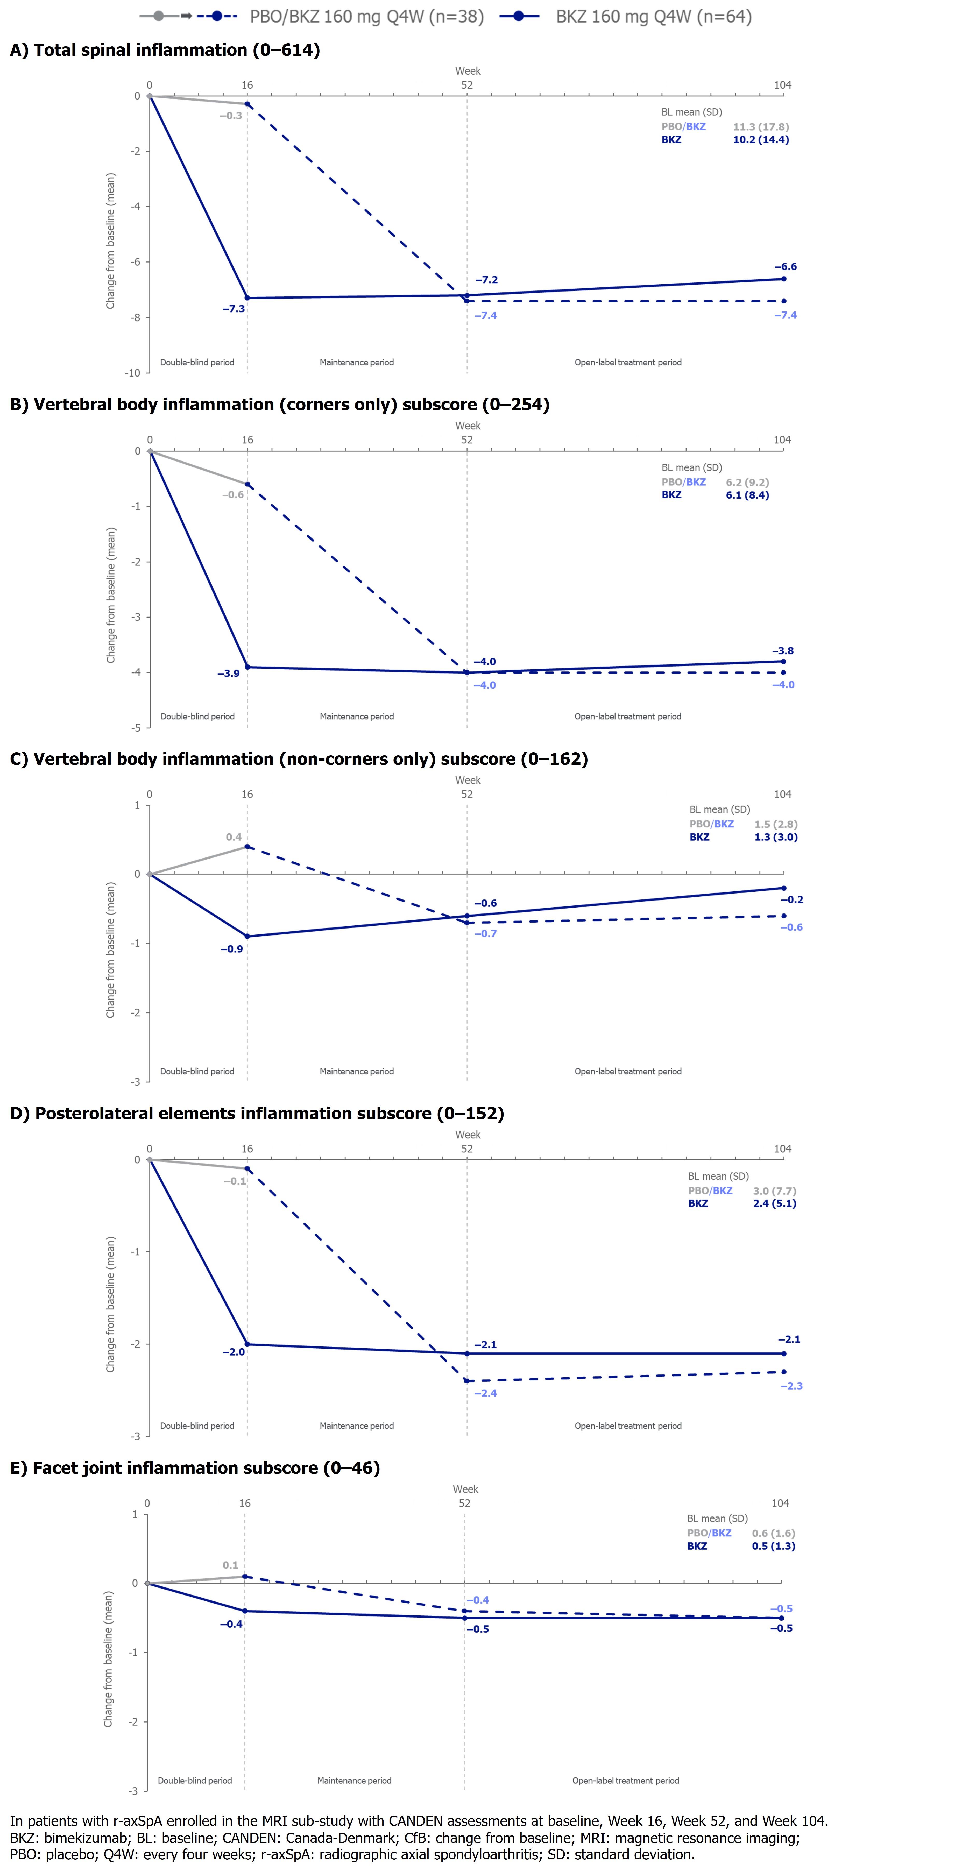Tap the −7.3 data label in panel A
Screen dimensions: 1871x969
(233, 309)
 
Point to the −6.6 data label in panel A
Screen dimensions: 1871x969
(785, 267)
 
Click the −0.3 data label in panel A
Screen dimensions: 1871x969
(231, 116)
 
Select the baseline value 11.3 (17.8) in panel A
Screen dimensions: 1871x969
(761, 126)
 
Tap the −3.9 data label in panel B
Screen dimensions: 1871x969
(228, 673)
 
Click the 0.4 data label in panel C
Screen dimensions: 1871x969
(233, 837)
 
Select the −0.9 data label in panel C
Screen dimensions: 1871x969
(232, 948)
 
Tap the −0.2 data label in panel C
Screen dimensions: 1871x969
(792, 899)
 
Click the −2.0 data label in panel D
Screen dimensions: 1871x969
(233, 1352)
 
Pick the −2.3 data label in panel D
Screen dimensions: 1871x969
(791, 1386)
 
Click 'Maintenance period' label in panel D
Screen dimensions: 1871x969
(357, 1426)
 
